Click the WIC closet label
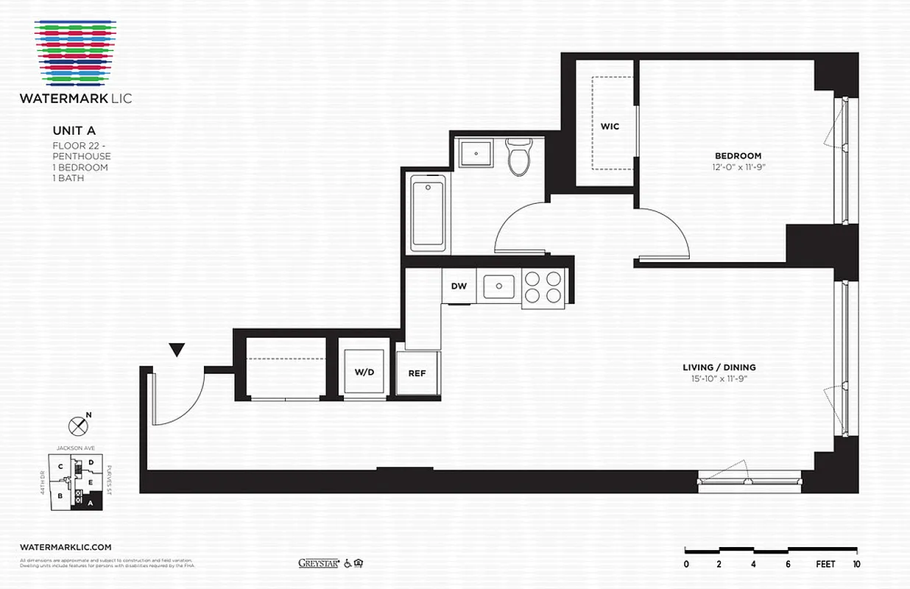tap(610, 126)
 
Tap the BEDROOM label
tap(738, 155)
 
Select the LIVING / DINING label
tap(719, 367)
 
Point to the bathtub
tap(428, 212)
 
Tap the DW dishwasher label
tap(459, 286)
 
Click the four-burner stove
tap(544, 286)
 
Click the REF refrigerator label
tap(417, 373)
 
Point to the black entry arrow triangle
tap(177, 350)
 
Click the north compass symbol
tap(77, 426)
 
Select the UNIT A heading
tap(74, 130)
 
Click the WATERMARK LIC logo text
tap(77, 98)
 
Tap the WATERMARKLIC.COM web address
tap(66, 547)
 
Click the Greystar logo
tap(317, 563)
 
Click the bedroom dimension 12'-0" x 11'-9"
tap(738, 167)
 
